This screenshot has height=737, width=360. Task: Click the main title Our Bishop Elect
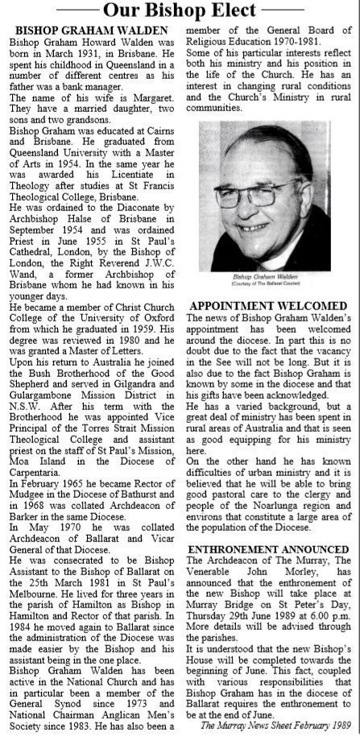(x=180, y=11)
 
